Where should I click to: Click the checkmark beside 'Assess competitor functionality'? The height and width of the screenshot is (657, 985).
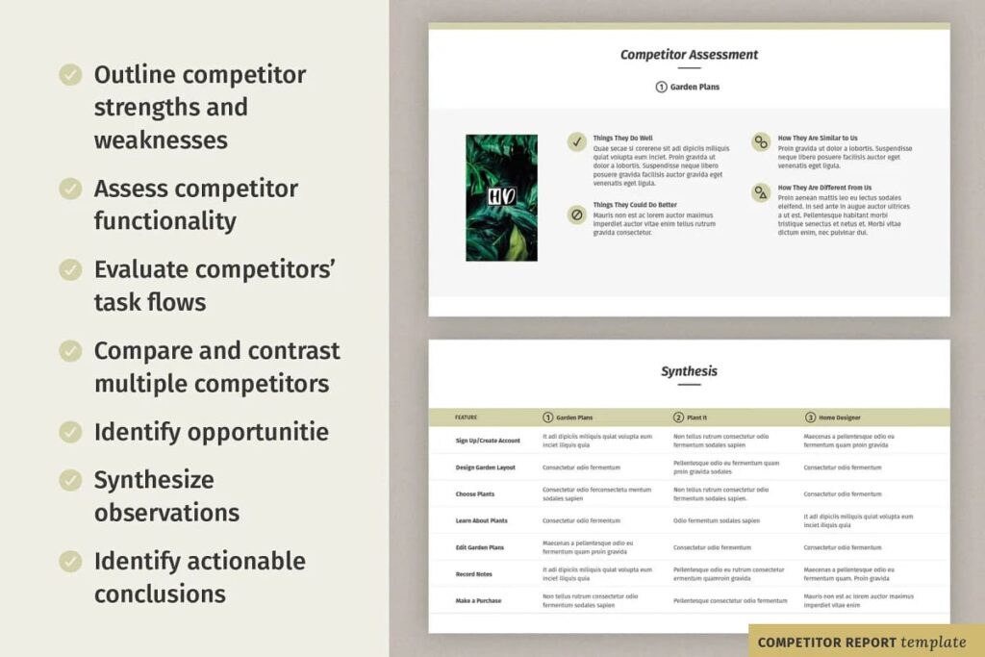70,189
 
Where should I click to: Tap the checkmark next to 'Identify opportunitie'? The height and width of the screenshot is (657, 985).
70,432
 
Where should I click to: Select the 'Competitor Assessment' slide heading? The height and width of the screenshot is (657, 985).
689,55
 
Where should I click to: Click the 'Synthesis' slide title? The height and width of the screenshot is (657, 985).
689,371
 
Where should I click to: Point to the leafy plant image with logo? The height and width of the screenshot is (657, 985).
501,197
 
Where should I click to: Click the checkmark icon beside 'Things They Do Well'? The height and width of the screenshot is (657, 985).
577,141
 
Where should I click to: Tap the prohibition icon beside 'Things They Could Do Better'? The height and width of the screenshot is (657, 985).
577,215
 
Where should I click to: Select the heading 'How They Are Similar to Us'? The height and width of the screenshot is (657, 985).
818,138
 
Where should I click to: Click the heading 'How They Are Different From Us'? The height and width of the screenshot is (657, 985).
824,188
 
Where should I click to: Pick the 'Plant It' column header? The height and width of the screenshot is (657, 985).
696,417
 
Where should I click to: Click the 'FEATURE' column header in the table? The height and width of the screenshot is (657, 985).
466,417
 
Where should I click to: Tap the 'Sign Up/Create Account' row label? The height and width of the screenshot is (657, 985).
488,441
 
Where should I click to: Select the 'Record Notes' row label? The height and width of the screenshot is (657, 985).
475,574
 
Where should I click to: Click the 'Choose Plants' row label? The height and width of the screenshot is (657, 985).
475,494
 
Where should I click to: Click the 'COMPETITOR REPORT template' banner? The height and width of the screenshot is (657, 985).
862,642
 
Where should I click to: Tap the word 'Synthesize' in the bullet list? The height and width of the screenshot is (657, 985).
154,479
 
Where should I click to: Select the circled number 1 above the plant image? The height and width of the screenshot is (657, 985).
661,87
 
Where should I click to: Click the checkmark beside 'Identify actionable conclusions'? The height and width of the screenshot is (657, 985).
70,561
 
